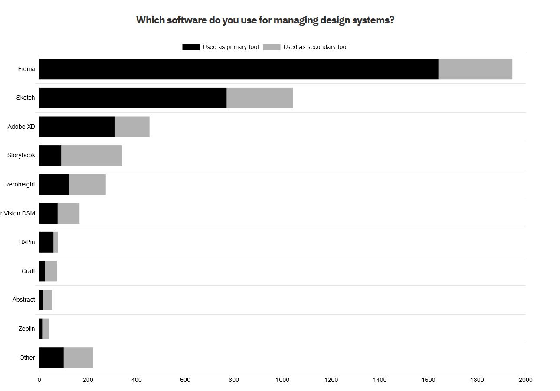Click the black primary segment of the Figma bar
[239, 69]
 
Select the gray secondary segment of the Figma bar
[475, 69]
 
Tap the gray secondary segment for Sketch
[259, 98]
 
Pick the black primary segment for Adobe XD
[77, 127]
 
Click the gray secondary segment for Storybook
[92, 156]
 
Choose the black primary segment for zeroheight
[54, 184]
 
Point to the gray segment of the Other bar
[78, 358]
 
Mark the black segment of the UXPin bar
[46, 242]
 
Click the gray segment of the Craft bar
[51, 271]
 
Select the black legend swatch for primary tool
[191, 47]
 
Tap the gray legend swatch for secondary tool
[272, 47]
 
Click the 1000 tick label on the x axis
[282, 380]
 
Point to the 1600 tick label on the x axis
[428, 380]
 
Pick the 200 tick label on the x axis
[88, 380]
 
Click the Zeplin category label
[26, 329]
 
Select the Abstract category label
[23, 300]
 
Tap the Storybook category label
[21, 155]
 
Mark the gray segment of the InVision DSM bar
[69, 213]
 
